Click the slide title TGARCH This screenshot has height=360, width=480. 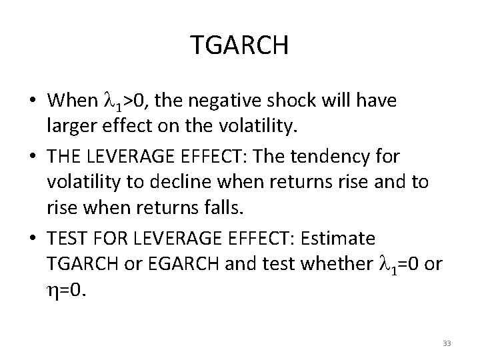(239, 45)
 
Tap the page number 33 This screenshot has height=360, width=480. (447, 343)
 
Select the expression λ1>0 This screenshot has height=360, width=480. (128, 101)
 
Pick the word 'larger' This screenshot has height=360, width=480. (70, 123)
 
